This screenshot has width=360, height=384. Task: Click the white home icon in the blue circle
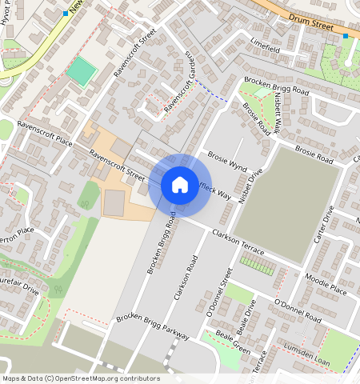click(x=180, y=185)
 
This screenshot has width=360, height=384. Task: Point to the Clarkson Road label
click(x=185, y=278)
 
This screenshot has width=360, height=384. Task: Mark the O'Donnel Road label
click(x=297, y=311)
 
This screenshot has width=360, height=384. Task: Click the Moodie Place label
click(x=326, y=283)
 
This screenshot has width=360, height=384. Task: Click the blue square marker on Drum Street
click(x=346, y=36)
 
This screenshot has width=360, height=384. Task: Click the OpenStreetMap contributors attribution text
click(x=81, y=378)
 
